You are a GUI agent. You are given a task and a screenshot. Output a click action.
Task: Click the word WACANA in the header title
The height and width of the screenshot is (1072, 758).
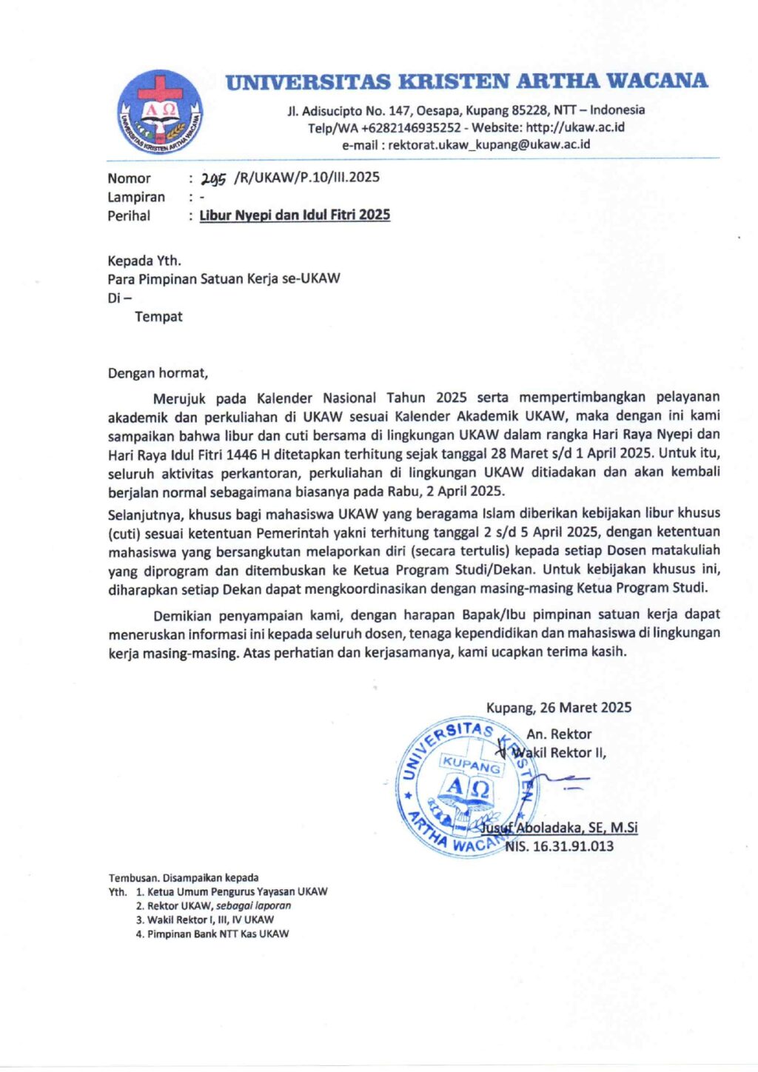(x=654, y=81)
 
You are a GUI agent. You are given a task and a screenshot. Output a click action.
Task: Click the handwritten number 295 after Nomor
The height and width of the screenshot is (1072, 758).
(x=213, y=178)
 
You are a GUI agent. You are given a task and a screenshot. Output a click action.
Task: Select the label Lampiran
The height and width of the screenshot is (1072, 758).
(x=136, y=197)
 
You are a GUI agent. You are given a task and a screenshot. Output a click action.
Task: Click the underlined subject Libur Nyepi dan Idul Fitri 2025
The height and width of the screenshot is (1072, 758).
(x=295, y=215)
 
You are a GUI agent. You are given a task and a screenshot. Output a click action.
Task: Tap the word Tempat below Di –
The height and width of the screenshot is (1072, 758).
(x=158, y=317)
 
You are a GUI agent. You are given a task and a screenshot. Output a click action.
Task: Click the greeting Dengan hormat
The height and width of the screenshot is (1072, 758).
(x=158, y=373)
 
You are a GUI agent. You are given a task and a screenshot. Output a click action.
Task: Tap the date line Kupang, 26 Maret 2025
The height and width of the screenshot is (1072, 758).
(x=559, y=708)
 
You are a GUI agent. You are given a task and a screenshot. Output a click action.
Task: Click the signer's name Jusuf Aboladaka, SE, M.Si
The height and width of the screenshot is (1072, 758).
(x=560, y=828)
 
